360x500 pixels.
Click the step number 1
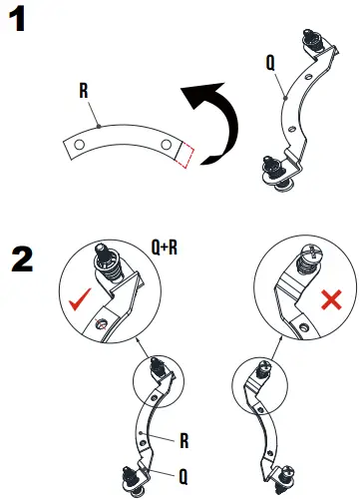coord(19,19)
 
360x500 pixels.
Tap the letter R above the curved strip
coord(84,91)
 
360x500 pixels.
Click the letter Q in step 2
coord(182,476)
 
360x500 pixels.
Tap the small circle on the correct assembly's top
coord(157,380)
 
